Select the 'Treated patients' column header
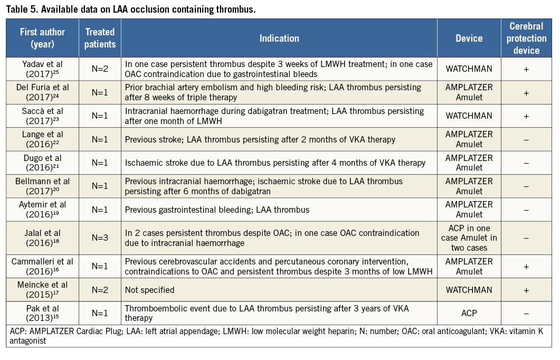pos(99,38)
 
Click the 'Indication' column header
pos(279,38)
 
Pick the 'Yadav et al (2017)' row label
pos(43,69)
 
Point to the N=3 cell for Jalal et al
pos(99,238)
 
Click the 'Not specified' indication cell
pos(149,290)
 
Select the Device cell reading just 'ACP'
pos(469,313)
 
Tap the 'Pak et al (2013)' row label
pos(43,313)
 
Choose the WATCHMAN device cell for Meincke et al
pos(469,290)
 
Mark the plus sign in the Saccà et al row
pos(526,116)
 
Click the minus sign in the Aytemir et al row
pos(526,210)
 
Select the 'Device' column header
pos(469,38)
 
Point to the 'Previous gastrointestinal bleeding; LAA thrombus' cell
pos(217,210)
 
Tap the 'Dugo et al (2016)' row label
pos(43,163)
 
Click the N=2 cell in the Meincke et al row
pos(99,290)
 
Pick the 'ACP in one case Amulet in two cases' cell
pos(469,238)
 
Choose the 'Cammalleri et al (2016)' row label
pos(43,267)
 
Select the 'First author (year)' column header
pos(43,38)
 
